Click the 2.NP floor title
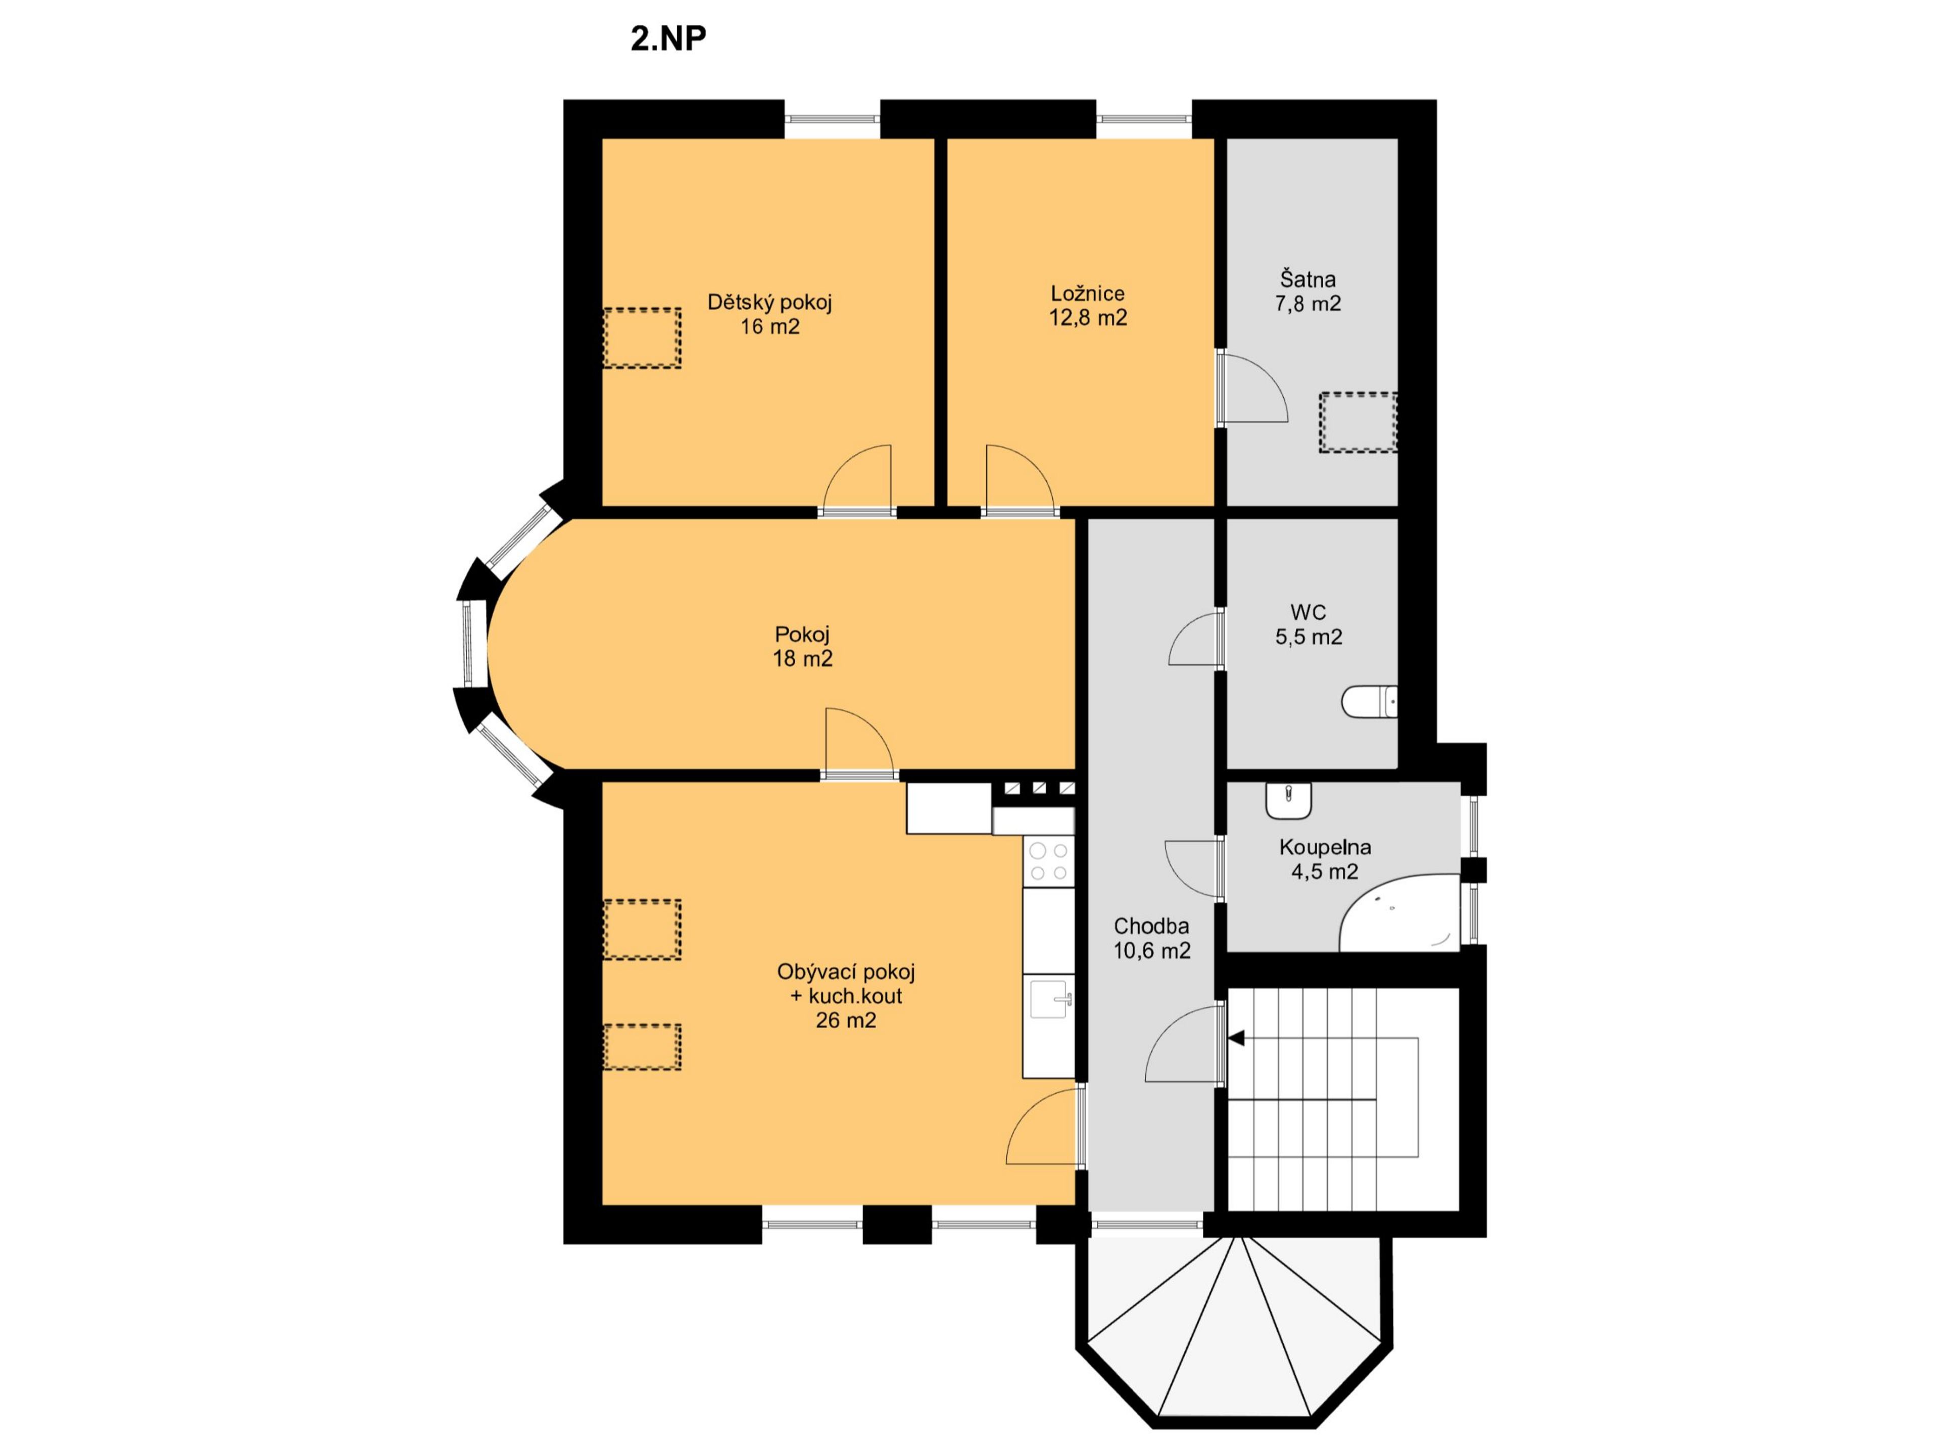coord(668,38)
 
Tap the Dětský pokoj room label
coord(769,303)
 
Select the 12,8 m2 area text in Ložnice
coord(1088,317)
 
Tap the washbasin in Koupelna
coord(1288,798)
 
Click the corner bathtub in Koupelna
coord(1400,912)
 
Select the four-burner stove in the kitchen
coord(1049,861)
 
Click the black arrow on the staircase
coord(1237,1038)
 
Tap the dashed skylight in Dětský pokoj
coord(642,337)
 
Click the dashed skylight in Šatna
coord(1357,422)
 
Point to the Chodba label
coord(1151,925)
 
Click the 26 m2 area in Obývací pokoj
coord(845,1020)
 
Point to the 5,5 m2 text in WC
coord(1308,637)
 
